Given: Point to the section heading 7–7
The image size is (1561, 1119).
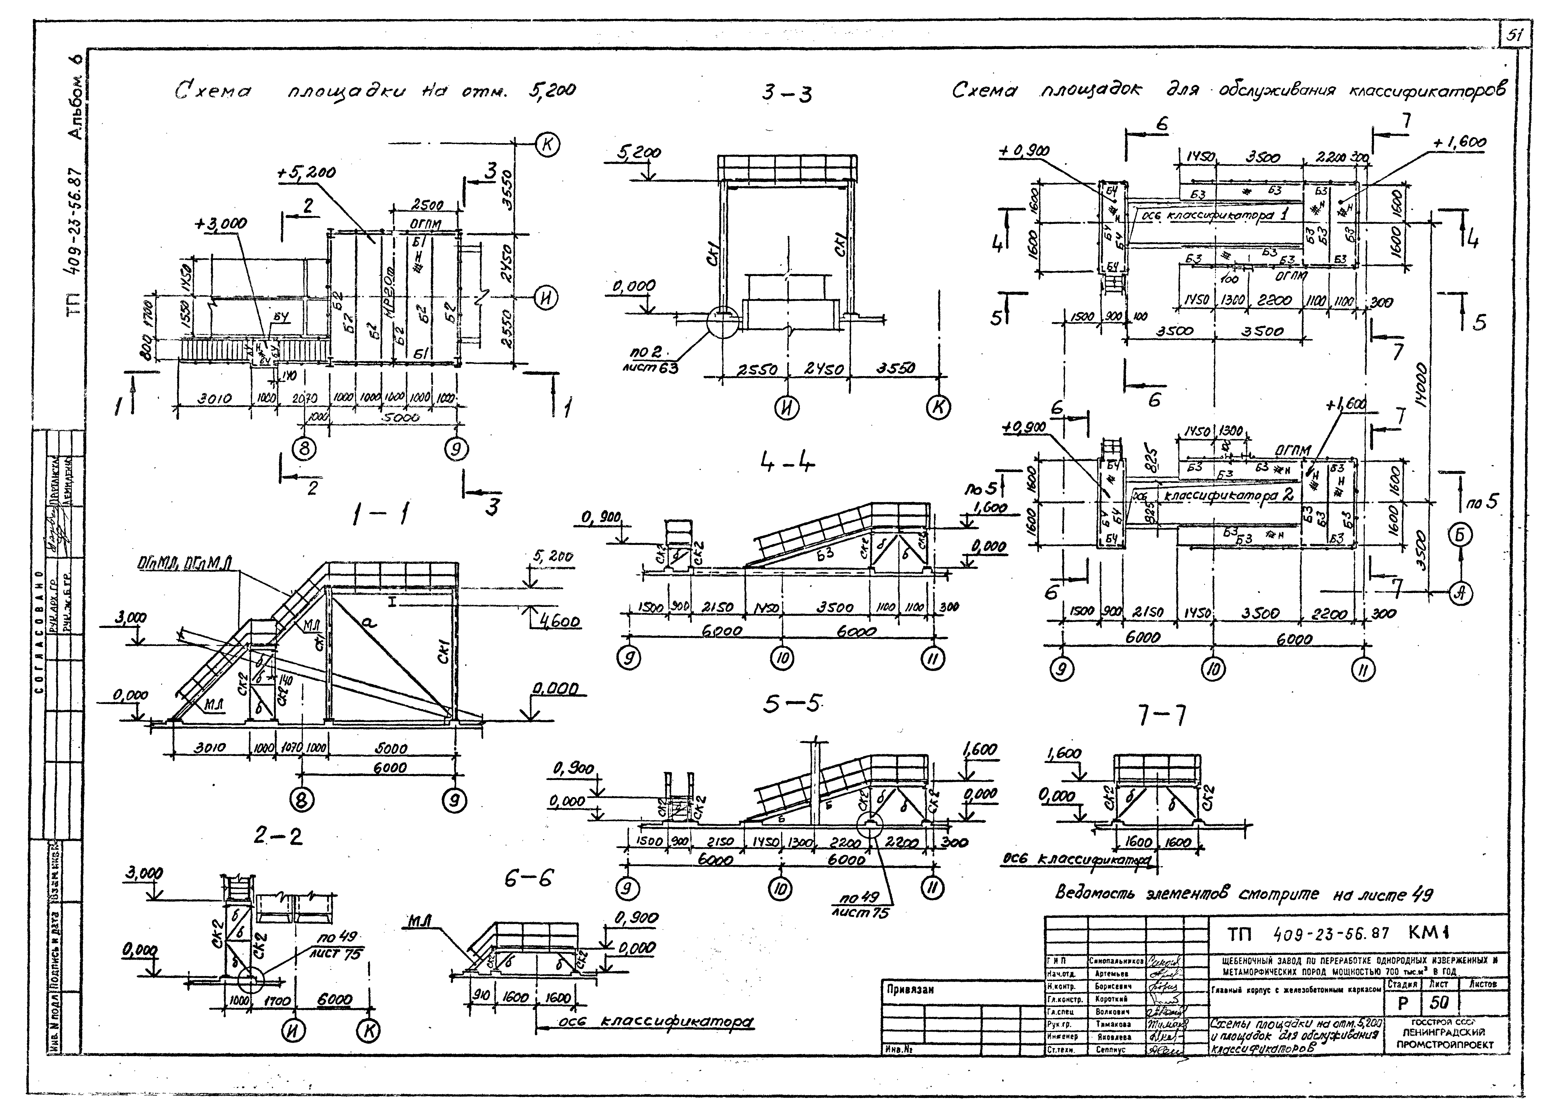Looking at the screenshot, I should [1162, 716].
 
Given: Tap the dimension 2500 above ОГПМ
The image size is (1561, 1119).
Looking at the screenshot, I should [427, 205].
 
